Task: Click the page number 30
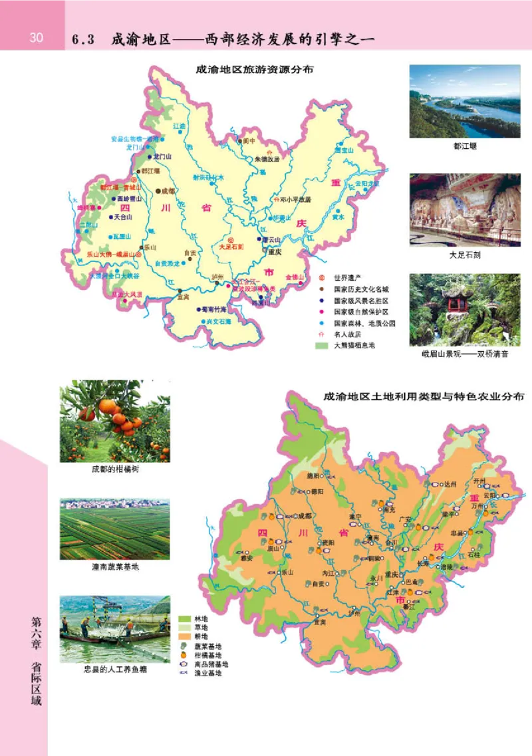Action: pos(35,38)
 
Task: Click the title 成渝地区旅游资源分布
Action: pos(254,69)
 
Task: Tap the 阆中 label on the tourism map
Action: pos(249,141)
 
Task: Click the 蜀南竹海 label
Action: pos(216,309)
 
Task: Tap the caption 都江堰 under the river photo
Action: pos(464,146)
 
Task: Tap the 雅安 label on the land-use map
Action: pos(245,559)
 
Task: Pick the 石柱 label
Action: pos(473,554)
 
